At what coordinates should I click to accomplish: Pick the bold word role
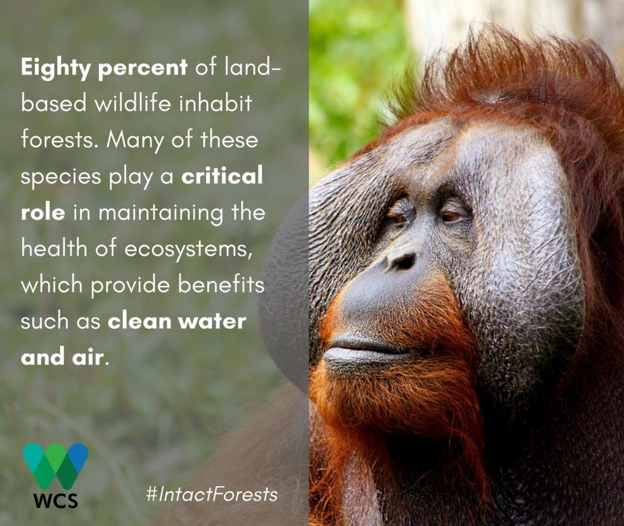tap(43, 213)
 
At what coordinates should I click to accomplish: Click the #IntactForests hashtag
tap(212, 494)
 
